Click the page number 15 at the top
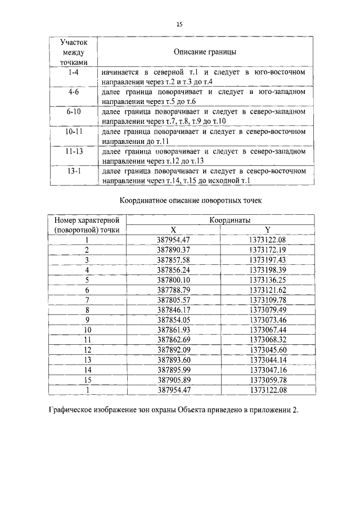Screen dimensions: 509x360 coord(179,24)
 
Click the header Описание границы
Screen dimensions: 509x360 coord(204,52)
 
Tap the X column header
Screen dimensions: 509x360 coord(173,230)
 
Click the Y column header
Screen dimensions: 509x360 coord(268,230)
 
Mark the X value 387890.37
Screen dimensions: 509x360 coord(174,249)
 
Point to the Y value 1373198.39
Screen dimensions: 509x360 coord(268,269)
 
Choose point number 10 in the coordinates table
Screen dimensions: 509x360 coord(87,329)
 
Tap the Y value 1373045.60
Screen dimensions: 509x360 coord(268,349)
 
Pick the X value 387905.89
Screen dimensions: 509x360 coord(174,379)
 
